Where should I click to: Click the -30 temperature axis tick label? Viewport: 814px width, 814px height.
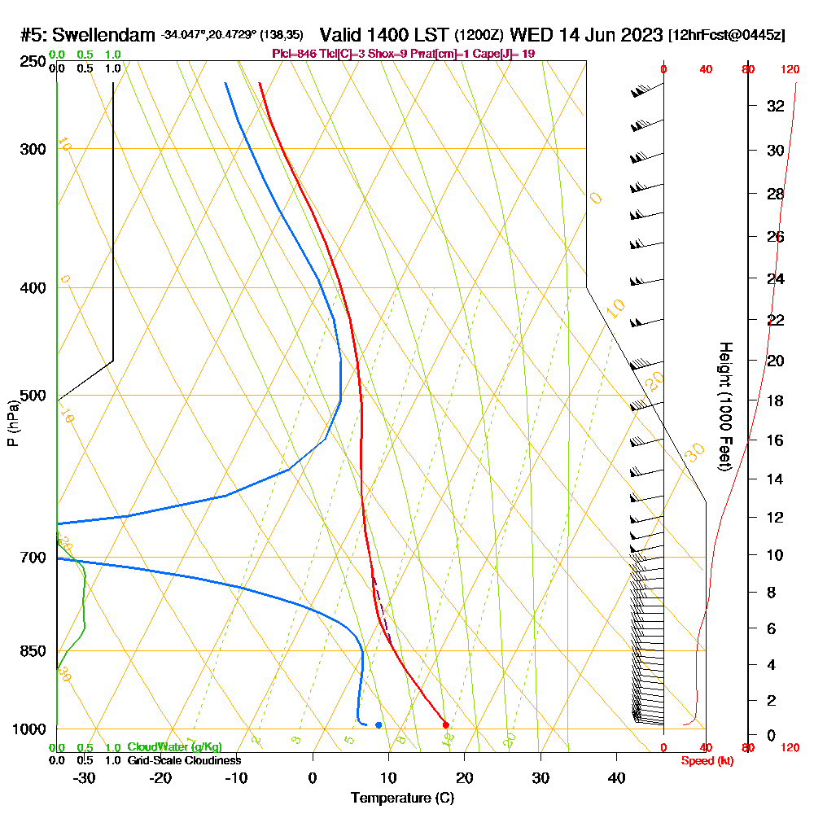tap(84, 777)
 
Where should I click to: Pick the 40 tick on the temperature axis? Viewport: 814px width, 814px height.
tap(617, 777)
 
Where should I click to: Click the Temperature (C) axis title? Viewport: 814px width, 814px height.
tap(402, 799)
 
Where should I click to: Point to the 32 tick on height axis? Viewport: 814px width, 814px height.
tap(775, 106)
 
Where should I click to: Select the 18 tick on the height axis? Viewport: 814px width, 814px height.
tap(775, 400)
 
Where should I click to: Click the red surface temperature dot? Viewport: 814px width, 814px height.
tap(445, 724)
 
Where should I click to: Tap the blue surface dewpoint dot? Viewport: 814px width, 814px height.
tap(379, 724)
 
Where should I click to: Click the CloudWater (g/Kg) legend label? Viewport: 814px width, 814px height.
tap(174, 747)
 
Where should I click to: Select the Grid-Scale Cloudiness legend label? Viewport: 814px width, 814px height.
tap(183, 760)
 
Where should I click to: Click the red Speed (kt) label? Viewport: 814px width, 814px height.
tap(704, 760)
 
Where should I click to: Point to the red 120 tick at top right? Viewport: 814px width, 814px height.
tap(789, 70)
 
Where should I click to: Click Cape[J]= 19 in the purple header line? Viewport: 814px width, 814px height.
tap(510, 54)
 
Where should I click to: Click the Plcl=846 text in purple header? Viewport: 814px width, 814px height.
tap(296, 54)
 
